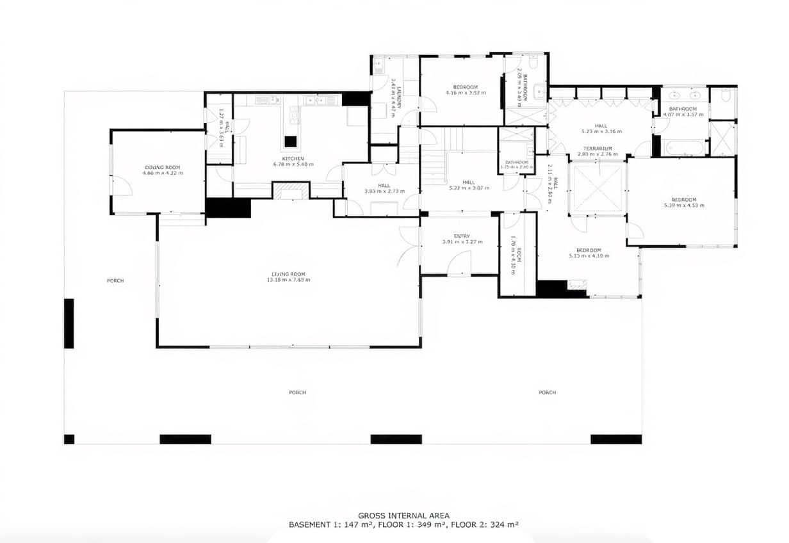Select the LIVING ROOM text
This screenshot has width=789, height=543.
[x=288, y=274]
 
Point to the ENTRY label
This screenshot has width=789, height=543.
[x=462, y=236]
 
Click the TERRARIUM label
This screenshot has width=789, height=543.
[x=598, y=148]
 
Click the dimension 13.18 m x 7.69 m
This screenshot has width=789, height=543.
[x=288, y=280]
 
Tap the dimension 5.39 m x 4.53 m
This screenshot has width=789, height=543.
[x=683, y=205]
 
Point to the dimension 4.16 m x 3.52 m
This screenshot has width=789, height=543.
[x=466, y=93]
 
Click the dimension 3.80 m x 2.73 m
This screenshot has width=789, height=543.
[x=384, y=191]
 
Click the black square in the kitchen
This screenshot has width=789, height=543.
[x=291, y=142]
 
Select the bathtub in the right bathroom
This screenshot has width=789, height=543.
[x=684, y=148]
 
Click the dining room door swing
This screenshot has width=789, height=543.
[x=123, y=186]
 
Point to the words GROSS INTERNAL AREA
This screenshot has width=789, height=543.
[x=403, y=515]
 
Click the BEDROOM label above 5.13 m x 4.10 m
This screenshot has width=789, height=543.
[x=588, y=250]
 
